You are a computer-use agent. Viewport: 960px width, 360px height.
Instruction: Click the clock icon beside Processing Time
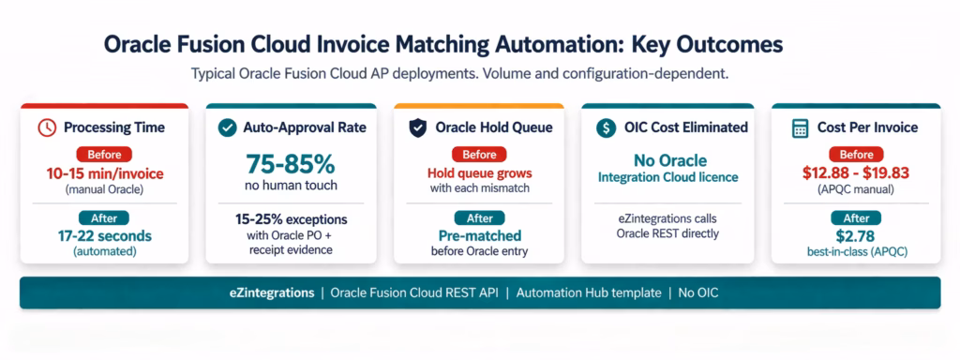point(47,127)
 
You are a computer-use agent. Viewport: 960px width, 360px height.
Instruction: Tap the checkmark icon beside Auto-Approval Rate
point(226,127)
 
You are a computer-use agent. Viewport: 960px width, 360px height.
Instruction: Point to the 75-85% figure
point(290,165)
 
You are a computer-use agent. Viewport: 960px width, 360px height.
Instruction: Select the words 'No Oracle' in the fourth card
point(666,159)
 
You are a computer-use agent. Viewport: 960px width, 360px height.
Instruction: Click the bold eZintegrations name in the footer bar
point(270,292)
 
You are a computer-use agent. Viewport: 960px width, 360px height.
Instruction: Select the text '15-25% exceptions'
point(290,217)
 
